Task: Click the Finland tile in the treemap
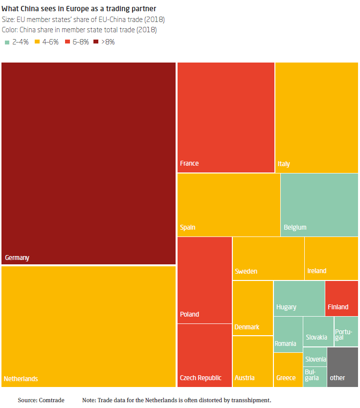click(x=341, y=298)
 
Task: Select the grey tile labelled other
click(x=342, y=367)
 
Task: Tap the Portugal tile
click(x=346, y=331)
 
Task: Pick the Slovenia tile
click(x=315, y=357)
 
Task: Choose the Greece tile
click(x=288, y=369)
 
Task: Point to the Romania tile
click(x=288, y=334)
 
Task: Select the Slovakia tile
click(x=318, y=331)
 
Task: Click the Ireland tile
click(x=331, y=258)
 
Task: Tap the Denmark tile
click(x=252, y=308)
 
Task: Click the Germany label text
click(x=17, y=258)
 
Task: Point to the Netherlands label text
click(x=21, y=379)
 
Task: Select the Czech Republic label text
click(x=201, y=378)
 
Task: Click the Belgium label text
click(x=295, y=227)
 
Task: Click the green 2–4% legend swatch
click(x=7, y=42)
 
